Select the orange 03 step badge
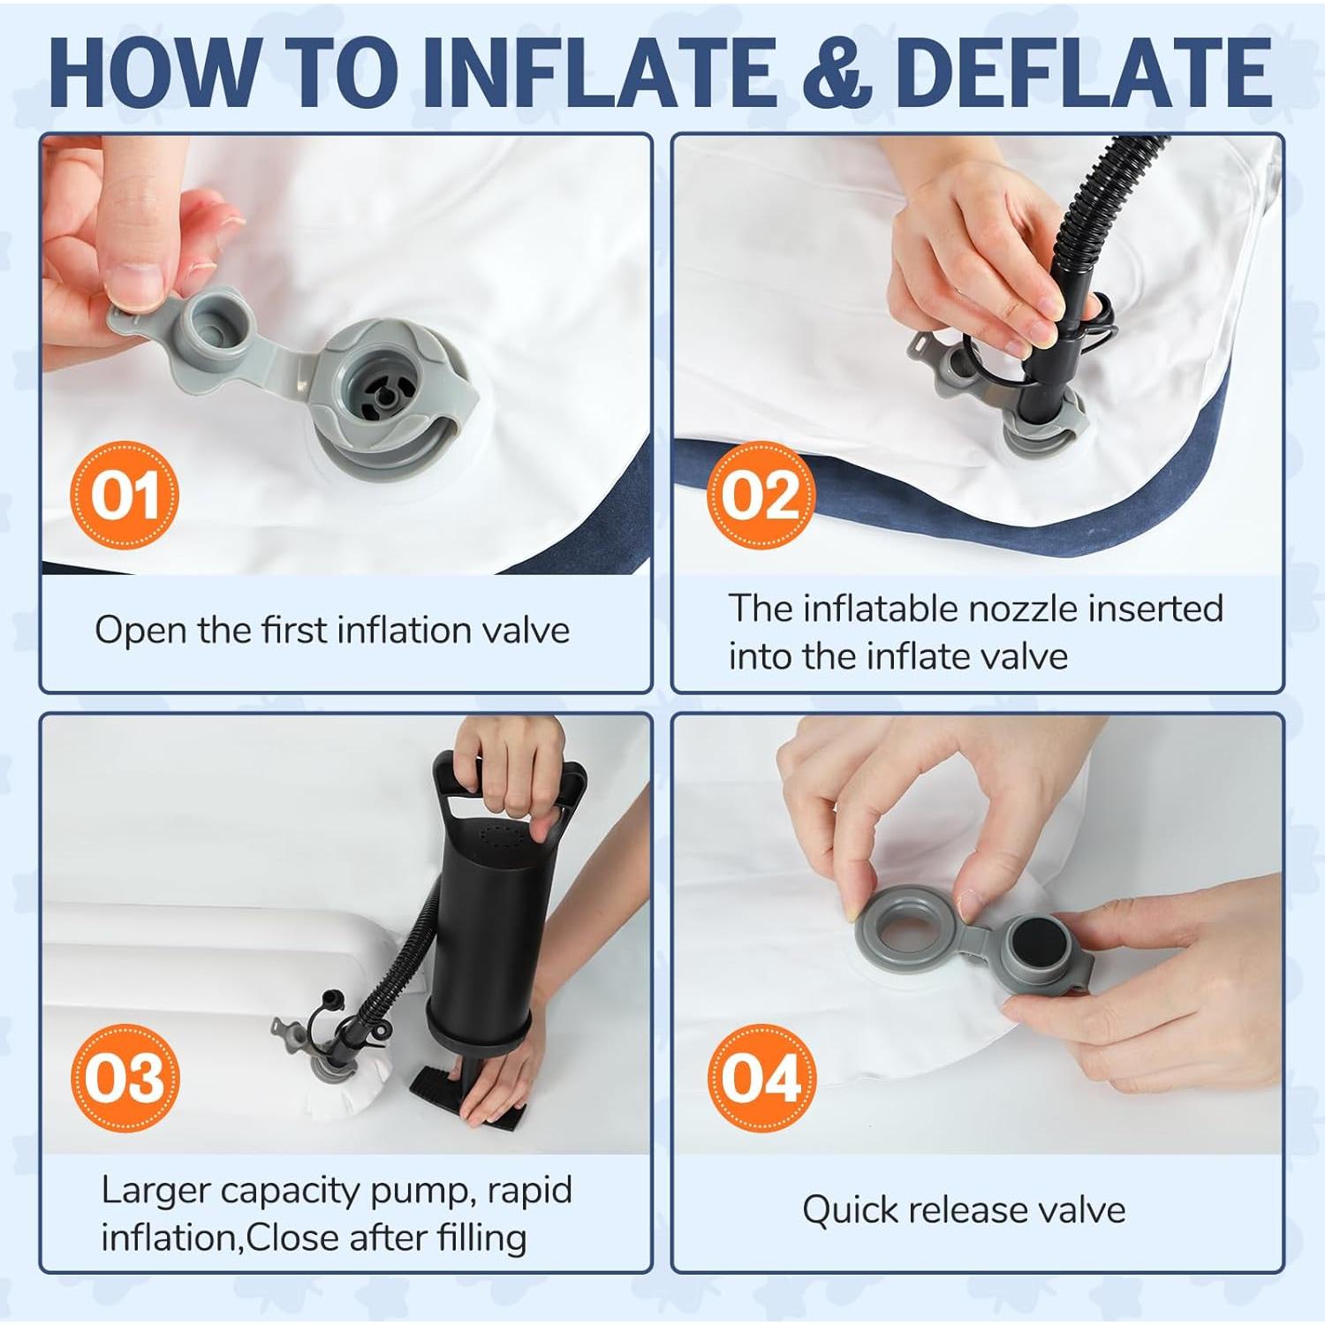click(x=125, y=1078)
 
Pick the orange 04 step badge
click(x=761, y=1078)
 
